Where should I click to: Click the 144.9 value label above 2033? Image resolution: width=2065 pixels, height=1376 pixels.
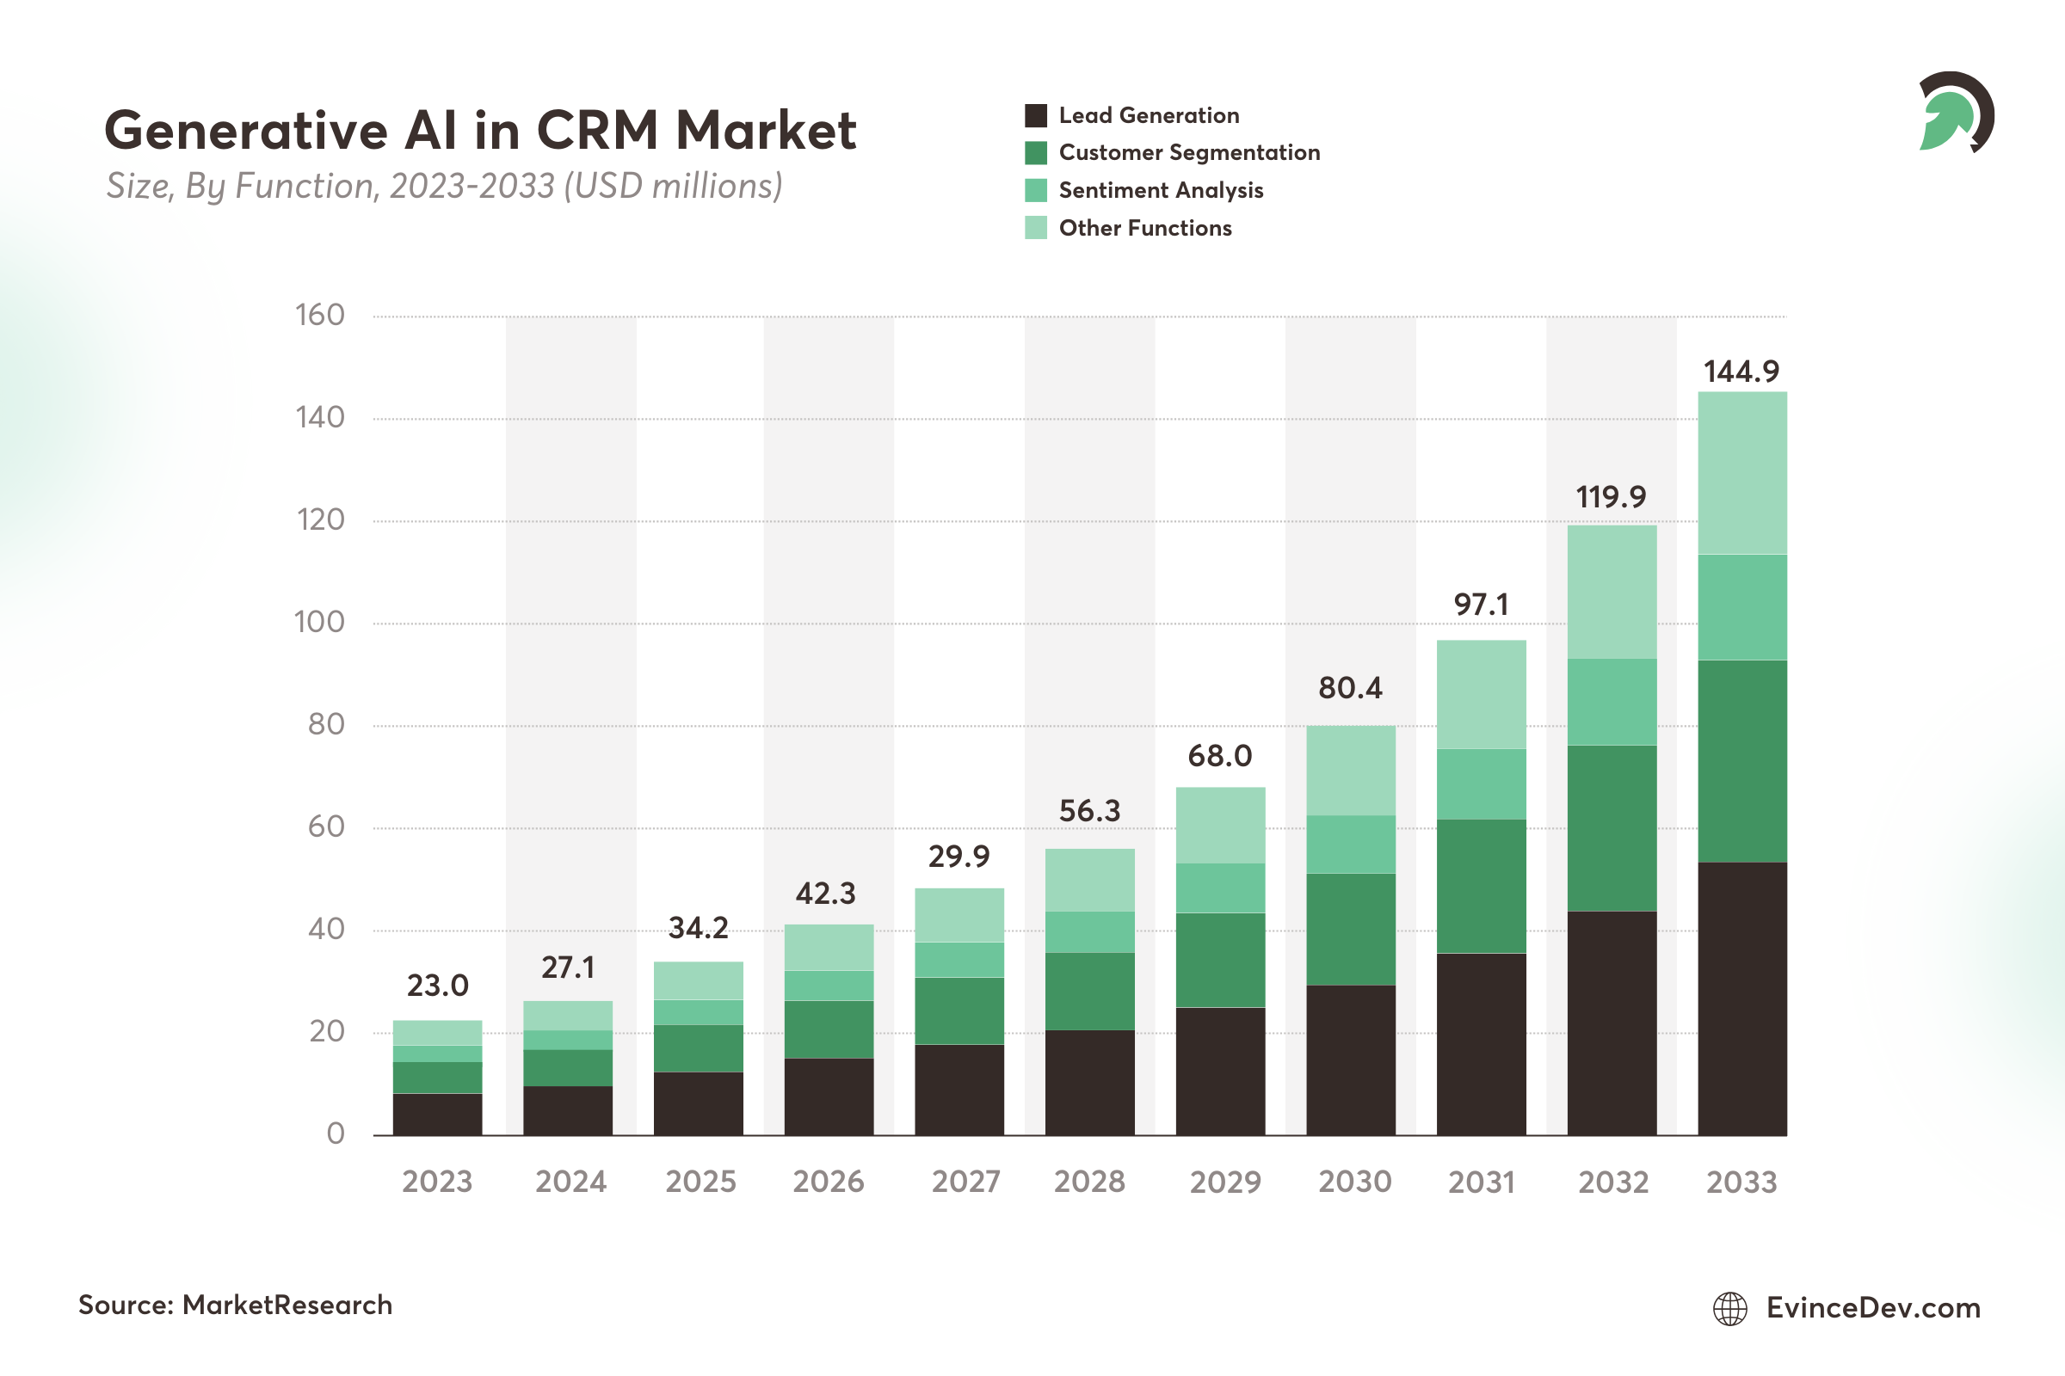click(x=1741, y=372)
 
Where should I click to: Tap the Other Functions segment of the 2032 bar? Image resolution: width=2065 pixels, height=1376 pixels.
click(x=1612, y=593)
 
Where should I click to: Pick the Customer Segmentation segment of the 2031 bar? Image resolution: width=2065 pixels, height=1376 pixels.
click(x=1481, y=886)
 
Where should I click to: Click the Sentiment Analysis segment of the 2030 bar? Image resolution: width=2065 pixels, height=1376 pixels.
click(x=1350, y=845)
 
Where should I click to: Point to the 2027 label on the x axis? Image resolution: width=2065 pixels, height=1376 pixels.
click(x=965, y=1182)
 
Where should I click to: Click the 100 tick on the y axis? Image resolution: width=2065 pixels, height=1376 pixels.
click(x=318, y=622)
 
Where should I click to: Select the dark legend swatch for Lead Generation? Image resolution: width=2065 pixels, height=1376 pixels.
click(x=1036, y=116)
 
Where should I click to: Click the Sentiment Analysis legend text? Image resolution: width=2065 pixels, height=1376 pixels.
click(x=1161, y=190)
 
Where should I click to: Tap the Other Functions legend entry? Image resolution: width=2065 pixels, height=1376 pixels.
click(x=1145, y=228)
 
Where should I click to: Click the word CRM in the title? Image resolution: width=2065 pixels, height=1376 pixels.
click(x=597, y=131)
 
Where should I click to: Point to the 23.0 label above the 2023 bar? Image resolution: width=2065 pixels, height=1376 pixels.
click(x=437, y=986)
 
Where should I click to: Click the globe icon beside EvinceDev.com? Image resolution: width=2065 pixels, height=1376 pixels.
click(x=1729, y=1308)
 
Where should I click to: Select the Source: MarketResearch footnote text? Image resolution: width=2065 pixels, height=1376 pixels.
click(x=235, y=1305)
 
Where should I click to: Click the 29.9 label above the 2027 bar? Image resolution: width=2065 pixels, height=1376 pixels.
click(x=959, y=857)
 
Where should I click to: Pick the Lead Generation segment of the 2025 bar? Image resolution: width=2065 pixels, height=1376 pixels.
click(x=698, y=1103)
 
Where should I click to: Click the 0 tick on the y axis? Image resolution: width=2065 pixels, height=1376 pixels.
click(x=336, y=1133)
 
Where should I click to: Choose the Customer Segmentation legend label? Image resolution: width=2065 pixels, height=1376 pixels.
click(x=1189, y=153)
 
